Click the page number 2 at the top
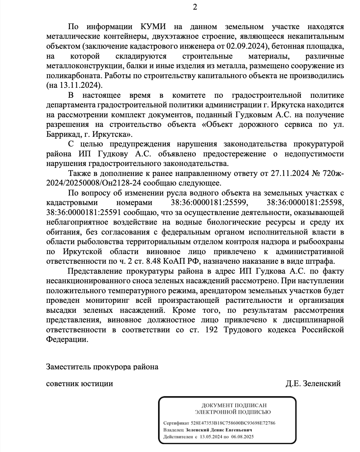(x=195, y=7)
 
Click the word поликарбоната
(x=72, y=75)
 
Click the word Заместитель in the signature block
(x=68, y=367)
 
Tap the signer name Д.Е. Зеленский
(x=313, y=383)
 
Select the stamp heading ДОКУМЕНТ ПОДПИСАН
(x=234, y=406)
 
